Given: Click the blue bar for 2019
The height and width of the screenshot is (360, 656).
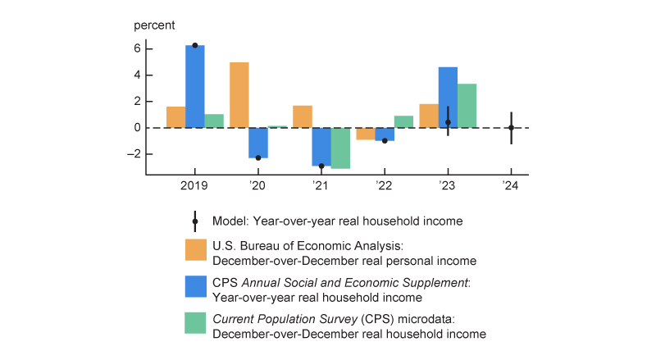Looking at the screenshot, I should click(194, 87).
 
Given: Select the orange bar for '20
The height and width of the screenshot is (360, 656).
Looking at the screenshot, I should click(239, 95).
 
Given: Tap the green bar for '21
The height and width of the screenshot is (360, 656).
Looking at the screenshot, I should click(340, 148).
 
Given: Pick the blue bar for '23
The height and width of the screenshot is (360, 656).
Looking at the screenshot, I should click(448, 98).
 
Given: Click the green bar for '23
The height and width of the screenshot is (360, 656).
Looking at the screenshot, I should click(467, 106).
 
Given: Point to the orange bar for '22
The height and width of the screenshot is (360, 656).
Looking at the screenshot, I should click(365, 134).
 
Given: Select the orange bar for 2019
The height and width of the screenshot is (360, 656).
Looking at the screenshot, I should click(175, 117).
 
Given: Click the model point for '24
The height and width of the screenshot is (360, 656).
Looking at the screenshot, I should click(511, 128).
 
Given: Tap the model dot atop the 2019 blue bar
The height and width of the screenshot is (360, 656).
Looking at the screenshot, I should click(194, 45).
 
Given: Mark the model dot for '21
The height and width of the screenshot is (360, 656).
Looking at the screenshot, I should click(321, 166).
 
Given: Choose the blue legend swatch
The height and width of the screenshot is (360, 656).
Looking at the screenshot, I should click(195, 285).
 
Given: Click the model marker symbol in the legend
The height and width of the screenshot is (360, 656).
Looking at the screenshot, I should click(195, 221).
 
